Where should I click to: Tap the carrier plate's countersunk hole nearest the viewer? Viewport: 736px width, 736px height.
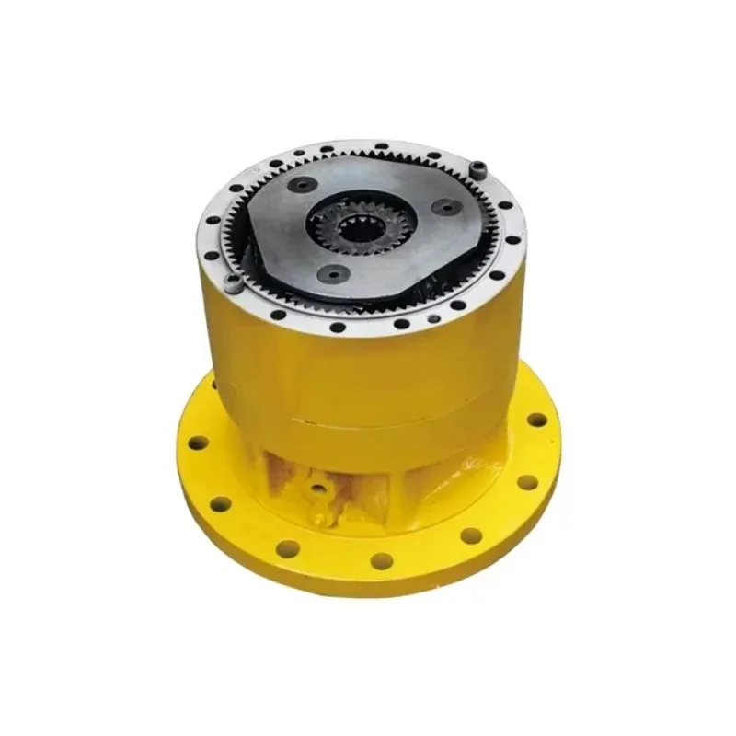pos(332,272)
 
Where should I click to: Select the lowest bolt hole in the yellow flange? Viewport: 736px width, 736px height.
pos(380,559)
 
